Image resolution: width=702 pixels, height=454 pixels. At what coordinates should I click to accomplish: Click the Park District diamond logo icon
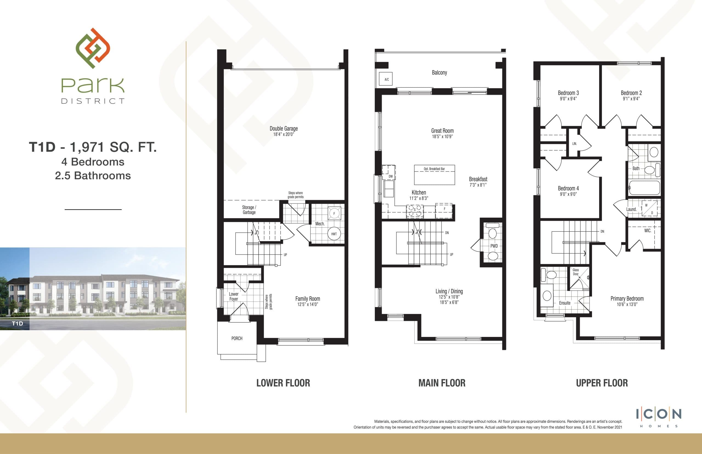(93, 48)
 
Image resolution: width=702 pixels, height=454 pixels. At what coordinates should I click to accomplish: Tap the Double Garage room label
(283, 129)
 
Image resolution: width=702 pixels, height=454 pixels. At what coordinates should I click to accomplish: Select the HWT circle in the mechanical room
(334, 234)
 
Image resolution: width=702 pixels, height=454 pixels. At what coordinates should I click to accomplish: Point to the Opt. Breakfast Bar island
(434, 175)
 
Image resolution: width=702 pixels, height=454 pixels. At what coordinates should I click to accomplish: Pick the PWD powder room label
(494, 246)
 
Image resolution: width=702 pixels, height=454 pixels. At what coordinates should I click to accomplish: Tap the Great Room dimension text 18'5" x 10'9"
(442, 137)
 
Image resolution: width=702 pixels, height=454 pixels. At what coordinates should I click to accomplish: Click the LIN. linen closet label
(574, 144)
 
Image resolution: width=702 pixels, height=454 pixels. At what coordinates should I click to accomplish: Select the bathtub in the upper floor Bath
(644, 188)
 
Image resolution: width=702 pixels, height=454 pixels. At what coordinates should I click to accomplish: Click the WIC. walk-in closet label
(647, 231)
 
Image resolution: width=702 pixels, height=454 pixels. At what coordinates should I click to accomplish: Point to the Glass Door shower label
(576, 272)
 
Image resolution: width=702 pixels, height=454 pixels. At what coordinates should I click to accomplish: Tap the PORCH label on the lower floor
(237, 338)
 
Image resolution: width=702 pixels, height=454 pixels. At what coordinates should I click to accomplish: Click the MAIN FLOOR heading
(442, 383)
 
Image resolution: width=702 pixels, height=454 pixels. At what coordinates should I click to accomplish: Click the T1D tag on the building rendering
(17, 324)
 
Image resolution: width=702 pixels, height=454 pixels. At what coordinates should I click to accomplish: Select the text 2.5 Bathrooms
(93, 176)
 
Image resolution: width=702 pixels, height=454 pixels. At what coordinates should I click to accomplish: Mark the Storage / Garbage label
(249, 210)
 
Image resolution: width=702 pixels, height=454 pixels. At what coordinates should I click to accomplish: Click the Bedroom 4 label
(568, 188)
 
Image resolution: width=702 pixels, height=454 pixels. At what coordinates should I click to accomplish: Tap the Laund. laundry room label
(631, 209)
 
